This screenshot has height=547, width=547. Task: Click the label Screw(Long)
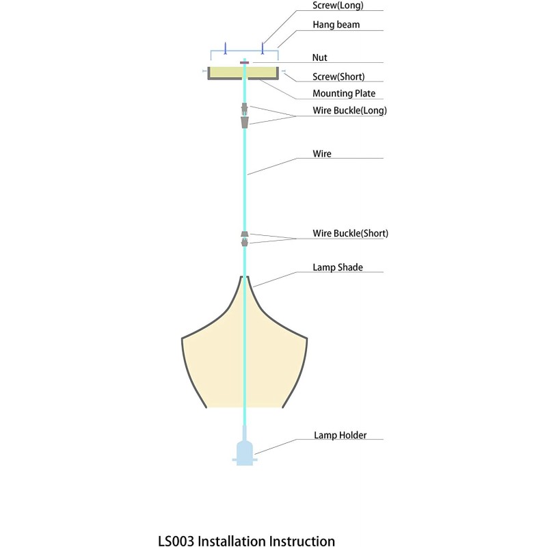[x=338, y=5]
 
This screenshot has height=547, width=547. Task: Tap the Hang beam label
[x=336, y=25]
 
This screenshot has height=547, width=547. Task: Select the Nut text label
[x=319, y=57]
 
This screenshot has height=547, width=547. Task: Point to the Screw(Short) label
[x=338, y=77]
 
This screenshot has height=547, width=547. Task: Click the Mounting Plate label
[x=344, y=94]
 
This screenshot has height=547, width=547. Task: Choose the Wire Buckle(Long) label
[x=349, y=111]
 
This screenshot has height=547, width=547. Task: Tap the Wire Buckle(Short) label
[x=350, y=233]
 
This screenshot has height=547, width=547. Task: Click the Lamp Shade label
[x=338, y=267]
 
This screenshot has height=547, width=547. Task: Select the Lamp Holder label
[x=340, y=436]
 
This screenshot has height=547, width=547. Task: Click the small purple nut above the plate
[x=245, y=63]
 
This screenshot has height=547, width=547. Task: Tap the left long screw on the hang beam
[x=226, y=49]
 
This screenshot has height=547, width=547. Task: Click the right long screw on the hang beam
[x=263, y=49]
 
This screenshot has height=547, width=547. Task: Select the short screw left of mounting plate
[x=204, y=71]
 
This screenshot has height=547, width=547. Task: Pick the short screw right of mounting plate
[x=283, y=71]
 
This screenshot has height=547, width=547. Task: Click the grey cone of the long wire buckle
[x=245, y=122]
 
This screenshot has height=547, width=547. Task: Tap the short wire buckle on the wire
[x=245, y=239]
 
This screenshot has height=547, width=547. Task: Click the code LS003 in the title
[x=176, y=541]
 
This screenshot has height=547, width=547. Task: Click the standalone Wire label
[x=322, y=154]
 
